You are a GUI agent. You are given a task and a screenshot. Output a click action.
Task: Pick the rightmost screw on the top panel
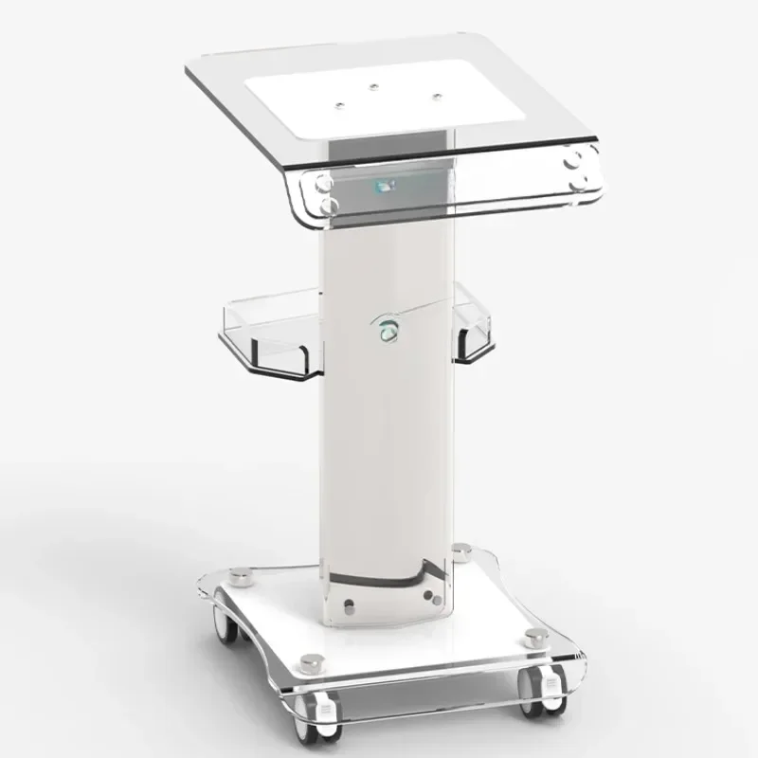pos(436,96)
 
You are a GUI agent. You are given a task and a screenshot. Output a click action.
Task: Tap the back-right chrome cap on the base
pos(461,549)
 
